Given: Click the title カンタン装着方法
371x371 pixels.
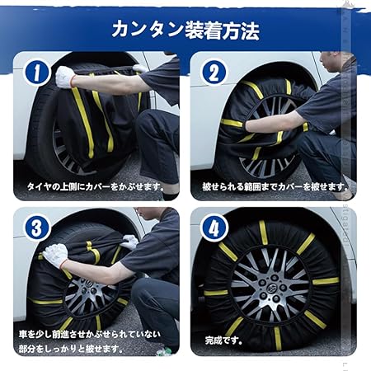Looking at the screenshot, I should (185, 31).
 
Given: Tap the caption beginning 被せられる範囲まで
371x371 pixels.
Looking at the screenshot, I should (275, 187).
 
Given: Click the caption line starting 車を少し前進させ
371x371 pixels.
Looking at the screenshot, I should (90, 335).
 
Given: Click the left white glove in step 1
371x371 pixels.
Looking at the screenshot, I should (65, 77).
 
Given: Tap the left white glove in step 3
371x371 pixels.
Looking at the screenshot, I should (55, 255).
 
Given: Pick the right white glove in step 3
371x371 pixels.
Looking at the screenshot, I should (129, 242).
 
